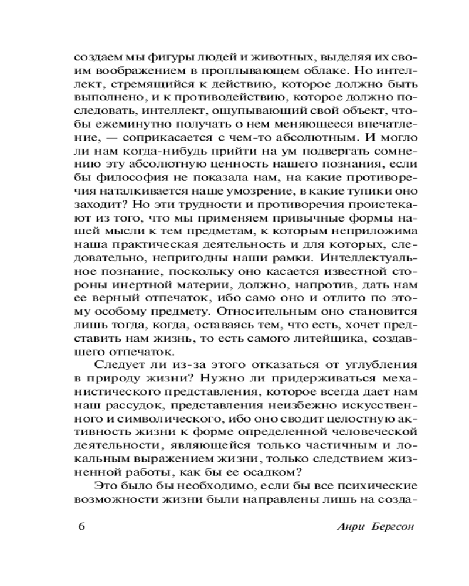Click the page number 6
81,524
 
